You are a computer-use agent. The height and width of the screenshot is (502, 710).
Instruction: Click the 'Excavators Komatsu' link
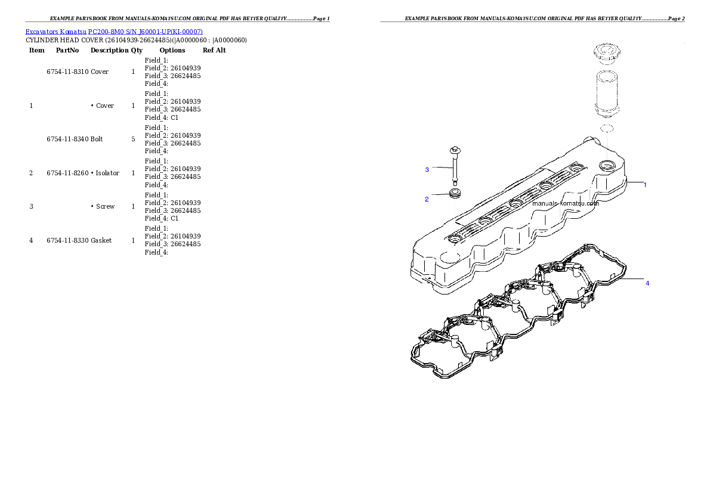(55, 32)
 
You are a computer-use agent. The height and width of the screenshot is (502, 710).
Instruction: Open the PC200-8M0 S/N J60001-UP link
(146, 32)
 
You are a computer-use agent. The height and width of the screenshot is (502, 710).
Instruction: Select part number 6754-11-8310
(67, 72)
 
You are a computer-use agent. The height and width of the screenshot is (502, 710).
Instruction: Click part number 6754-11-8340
(67, 139)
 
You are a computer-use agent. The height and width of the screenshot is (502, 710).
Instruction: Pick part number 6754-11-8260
(67, 173)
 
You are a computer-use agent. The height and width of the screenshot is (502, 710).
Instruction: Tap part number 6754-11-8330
(67, 240)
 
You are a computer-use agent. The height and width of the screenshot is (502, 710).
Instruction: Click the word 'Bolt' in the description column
(97, 139)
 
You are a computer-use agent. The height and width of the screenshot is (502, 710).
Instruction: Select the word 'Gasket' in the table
(101, 240)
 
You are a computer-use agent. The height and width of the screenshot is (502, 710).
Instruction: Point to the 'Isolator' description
(107, 173)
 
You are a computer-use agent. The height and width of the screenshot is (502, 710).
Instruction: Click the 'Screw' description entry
(105, 206)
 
